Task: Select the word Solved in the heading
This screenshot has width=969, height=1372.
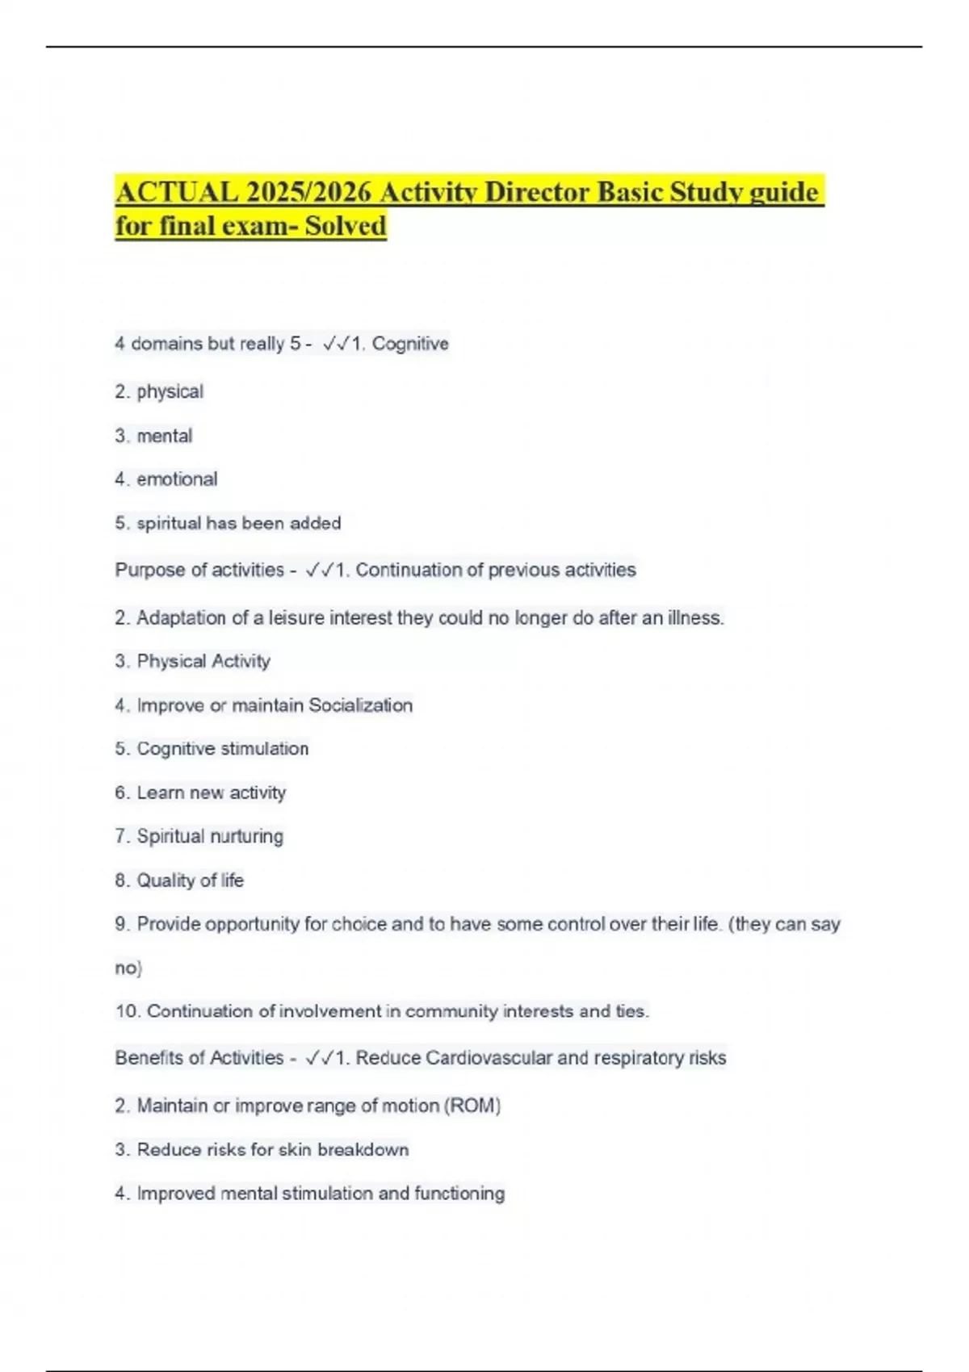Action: click(346, 225)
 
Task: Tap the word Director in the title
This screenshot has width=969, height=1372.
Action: click(531, 193)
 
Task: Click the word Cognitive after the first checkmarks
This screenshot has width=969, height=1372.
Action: click(410, 344)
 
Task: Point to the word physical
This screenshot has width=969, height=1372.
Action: click(170, 392)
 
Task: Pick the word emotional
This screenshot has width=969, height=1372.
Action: click(177, 479)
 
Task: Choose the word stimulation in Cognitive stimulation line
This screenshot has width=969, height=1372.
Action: click(265, 749)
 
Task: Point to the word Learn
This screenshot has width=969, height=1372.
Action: click(160, 793)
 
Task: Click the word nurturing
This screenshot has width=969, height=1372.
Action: click(246, 836)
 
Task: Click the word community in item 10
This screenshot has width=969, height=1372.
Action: click(451, 1011)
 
